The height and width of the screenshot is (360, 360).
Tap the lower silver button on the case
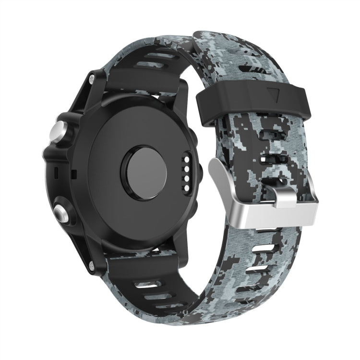pyautogui.click(x=61, y=210)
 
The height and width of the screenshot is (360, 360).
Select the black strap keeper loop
pyautogui.click(x=240, y=99)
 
